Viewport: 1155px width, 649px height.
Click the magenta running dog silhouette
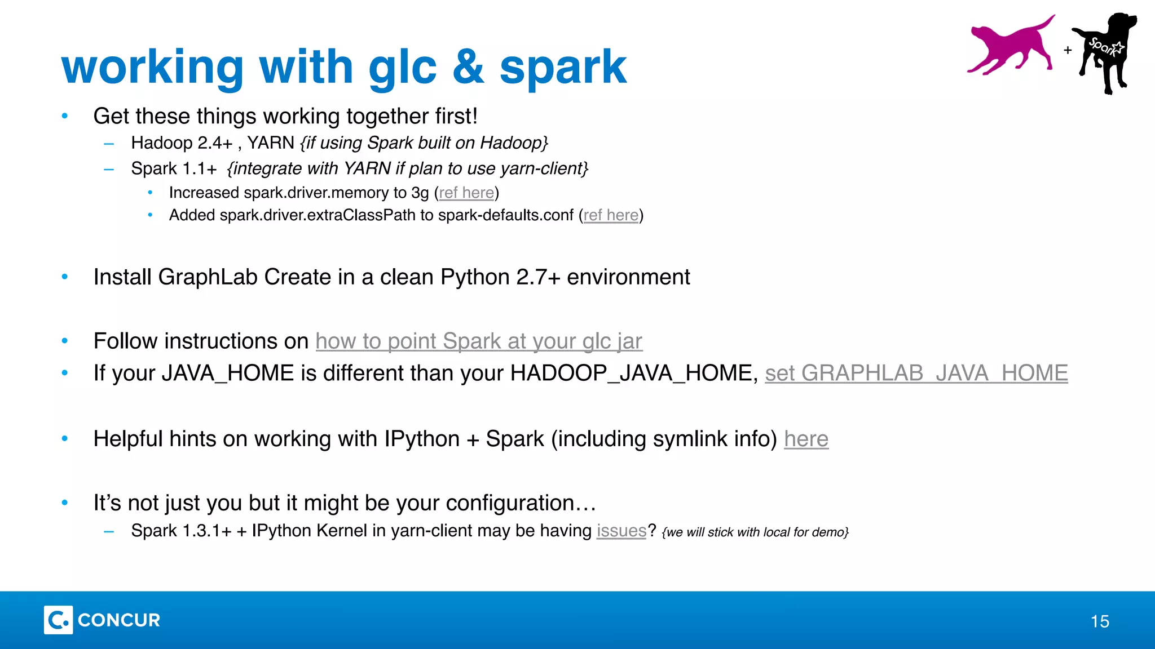[x=1009, y=48]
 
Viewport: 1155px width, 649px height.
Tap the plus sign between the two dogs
[x=1068, y=50]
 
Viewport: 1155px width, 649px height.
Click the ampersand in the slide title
[x=468, y=67]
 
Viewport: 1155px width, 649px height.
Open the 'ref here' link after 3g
[x=466, y=193]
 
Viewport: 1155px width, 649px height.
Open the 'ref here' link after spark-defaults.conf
[x=611, y=215]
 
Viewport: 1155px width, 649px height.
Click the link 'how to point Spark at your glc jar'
[x=479, y=341]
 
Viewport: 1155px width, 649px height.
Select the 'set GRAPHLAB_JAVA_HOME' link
[x=916, y=374]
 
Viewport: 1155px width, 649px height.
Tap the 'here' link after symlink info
[x=806, y=439]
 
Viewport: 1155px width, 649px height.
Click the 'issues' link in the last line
[x=621, y=531]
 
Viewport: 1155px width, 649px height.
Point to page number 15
[x=1100, y=621]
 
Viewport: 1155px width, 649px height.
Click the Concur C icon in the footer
[x=58, y=620]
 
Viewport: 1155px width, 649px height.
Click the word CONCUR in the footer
[x=119, y=620]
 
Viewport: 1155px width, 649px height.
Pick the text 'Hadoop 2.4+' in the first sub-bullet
[x=182, y=143]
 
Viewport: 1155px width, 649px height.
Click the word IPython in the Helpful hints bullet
[x=422, y=439]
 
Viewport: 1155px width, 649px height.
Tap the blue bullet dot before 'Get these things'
[x=65, y=116]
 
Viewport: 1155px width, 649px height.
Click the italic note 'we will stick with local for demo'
[x=755, y=532]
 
